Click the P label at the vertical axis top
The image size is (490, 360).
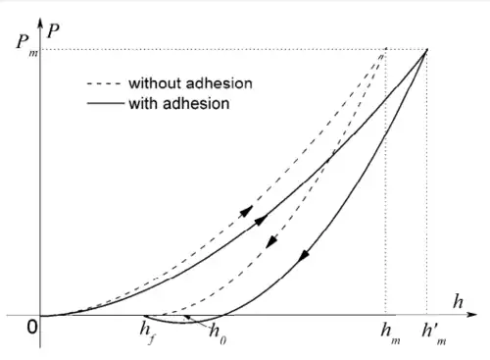tap(53, 31)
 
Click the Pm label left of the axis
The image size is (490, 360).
tap(26, 45)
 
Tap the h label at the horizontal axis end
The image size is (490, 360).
tap(458, 301)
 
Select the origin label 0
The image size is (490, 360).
tap(32, 327)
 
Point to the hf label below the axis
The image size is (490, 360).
tap(147, 333)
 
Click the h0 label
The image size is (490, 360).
tap(218, 334)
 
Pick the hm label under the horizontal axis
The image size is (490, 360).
tap(390, 334)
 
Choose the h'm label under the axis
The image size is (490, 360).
tap(434, 334)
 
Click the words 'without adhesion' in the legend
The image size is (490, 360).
tap(190, 83)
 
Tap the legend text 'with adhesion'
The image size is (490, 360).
tap(179, 104)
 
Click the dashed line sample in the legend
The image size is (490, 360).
tap(104, 83)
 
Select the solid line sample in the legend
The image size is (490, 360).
tap(106, 104)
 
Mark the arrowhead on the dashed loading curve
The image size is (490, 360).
tap(247, 211)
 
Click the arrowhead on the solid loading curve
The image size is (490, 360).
tap(262, 220)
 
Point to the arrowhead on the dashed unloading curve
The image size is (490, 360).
tap(271, 242)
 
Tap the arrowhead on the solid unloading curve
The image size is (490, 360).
tap(304, 255)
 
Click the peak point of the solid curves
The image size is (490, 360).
tap(426, 50)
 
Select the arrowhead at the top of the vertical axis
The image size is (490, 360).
tap(40, 24)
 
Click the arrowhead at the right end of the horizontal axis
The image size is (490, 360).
tap(471, 315)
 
